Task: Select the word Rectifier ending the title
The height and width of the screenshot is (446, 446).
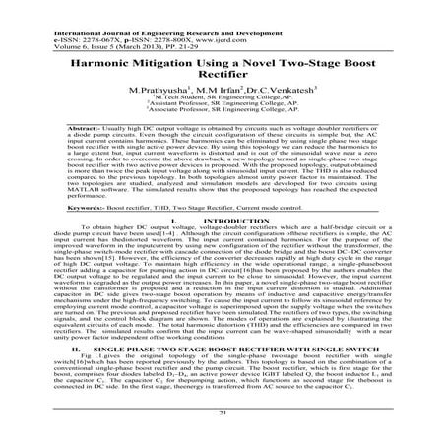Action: pos(223,79)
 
